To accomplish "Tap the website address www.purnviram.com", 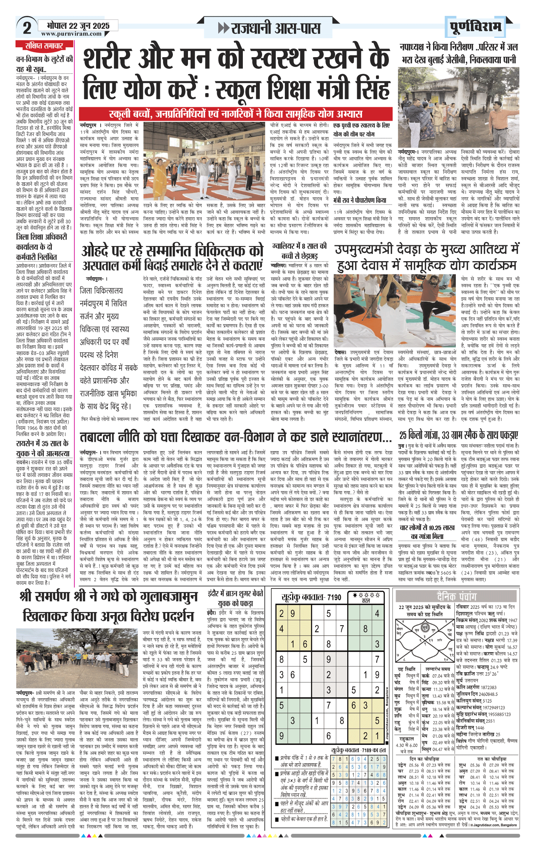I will tap(71, 34).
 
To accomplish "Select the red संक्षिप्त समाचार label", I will tap(44, 46).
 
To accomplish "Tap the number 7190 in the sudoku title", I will tap(334, 597).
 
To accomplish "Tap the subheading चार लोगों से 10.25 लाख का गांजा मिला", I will tap(427, 532).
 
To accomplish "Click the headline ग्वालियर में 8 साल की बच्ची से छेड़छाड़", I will tap(300, 251).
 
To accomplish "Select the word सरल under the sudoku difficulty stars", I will tap(366, 601).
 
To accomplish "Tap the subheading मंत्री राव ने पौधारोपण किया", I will tap(360, 200).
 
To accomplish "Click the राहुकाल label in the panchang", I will tap(407, 738).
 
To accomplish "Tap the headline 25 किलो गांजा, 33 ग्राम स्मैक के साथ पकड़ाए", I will tap(458, 435).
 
